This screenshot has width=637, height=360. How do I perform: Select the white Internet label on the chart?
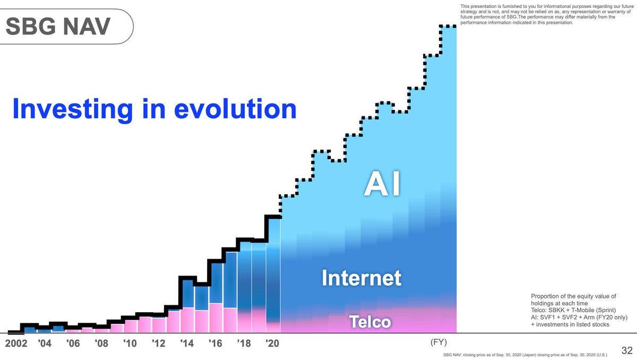[x=361, y=278]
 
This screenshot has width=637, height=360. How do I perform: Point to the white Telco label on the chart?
[x=369, y=322]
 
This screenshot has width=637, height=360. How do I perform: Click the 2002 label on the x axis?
[x=16, y=343]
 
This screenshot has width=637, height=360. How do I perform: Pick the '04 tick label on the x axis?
[x=45, y=343]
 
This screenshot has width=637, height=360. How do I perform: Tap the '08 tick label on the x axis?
[x=102, y=343]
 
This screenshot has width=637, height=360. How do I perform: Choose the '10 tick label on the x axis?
[x=131, y=343]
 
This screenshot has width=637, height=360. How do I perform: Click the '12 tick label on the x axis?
[x=159, y=343]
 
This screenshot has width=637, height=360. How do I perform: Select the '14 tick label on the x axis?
[x=187, y=343]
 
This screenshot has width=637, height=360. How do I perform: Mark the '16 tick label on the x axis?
[x=216, y=343]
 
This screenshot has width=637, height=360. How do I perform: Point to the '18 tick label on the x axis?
[x=244, y=343]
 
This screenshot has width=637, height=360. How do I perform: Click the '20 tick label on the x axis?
[x=273, y=343]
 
